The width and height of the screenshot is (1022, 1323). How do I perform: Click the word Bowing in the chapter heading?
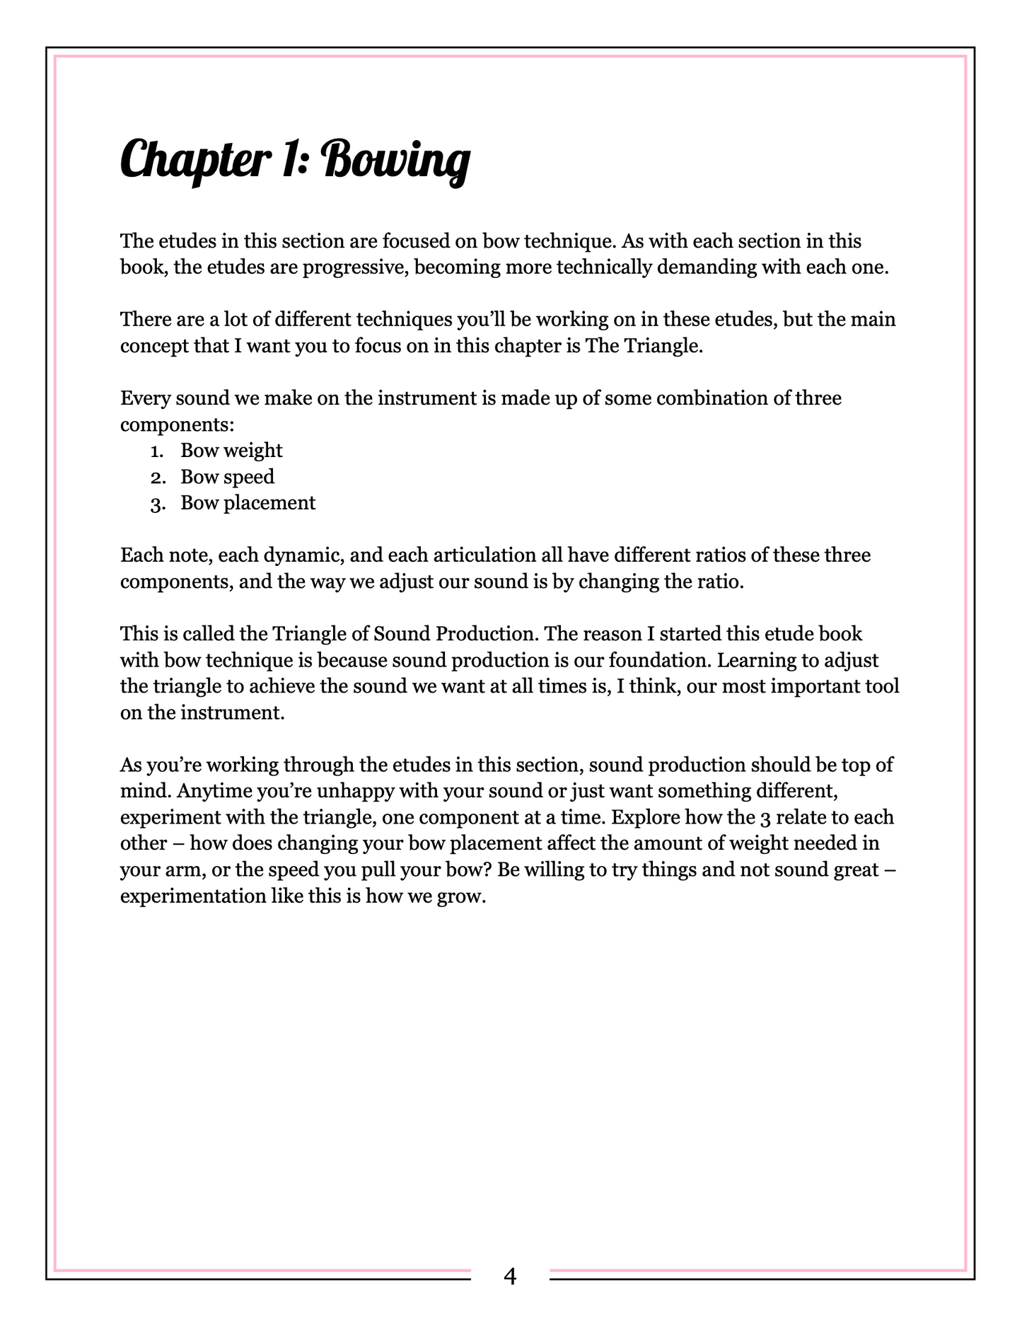point(397,160)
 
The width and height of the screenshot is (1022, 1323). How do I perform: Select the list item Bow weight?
point(231,451)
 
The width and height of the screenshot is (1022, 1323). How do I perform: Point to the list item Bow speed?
point(227,477)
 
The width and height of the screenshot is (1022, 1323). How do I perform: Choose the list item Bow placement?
point(248,503)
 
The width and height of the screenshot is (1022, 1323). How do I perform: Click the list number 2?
point(157,478)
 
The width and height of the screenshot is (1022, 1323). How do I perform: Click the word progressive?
point(353,268)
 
